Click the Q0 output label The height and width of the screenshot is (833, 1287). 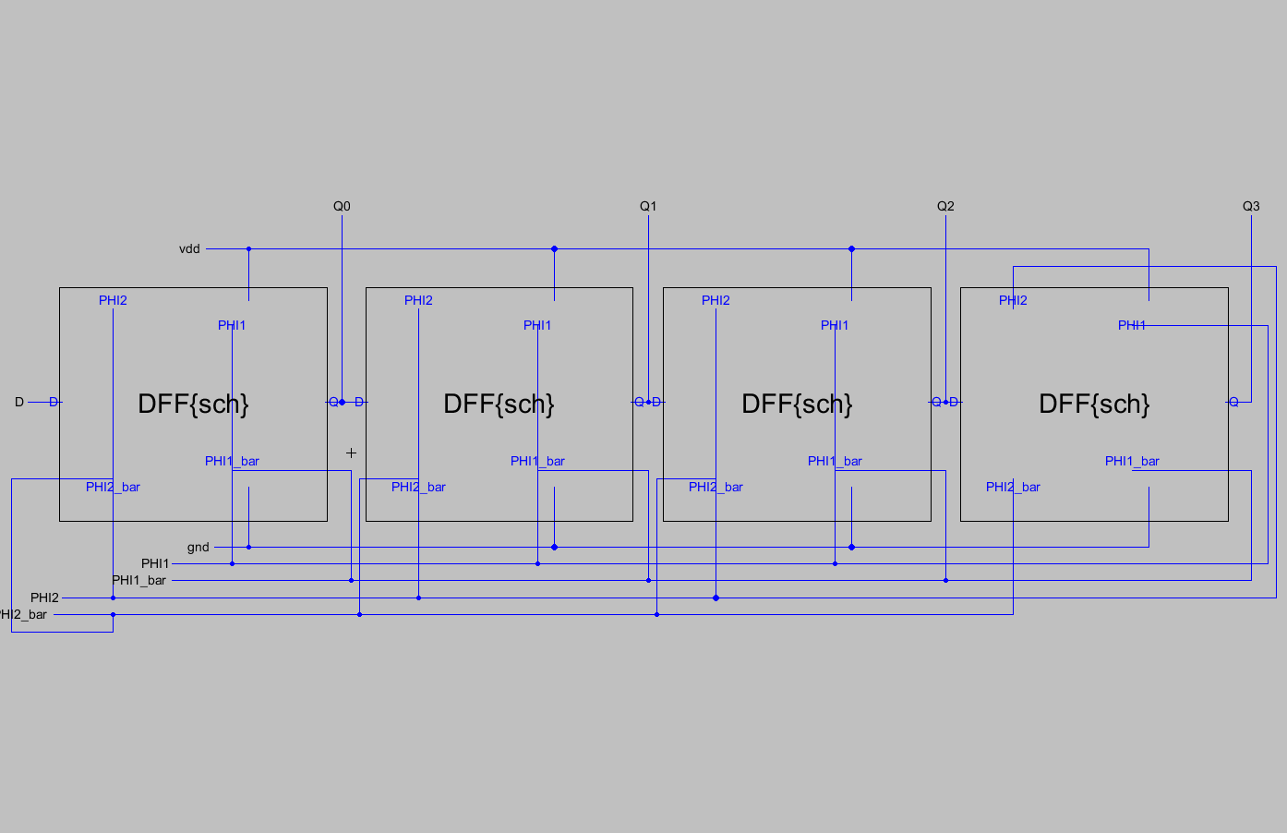point(342,206)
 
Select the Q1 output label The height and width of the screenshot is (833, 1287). point(648,206)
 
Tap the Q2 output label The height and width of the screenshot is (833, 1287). point(945,206)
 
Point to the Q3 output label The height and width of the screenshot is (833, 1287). point(1251,206)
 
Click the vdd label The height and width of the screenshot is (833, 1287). point(189,249)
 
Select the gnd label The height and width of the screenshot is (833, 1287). point(198,548)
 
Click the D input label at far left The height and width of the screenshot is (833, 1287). point(19,403)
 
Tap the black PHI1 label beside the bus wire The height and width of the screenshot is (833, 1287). point(155,563)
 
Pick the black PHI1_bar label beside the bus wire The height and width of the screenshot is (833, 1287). point(139,581)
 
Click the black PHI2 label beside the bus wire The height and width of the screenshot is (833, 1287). point(44,598)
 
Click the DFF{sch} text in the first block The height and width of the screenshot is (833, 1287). point(193,404)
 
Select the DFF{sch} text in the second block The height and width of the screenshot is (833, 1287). point(499,404)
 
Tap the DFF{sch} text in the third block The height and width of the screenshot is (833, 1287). point(797,404)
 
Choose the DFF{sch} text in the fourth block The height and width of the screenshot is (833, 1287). point(1094,404)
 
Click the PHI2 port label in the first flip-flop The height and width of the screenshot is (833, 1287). point(113,301)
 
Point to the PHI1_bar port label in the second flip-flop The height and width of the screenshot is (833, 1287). point(537,462)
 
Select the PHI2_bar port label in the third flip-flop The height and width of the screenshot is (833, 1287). point(716,488)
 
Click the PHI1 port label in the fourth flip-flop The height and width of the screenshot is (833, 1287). point(1132,326)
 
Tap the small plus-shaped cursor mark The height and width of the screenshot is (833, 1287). point(351,453)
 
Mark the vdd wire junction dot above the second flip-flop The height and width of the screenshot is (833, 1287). point(554,249)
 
